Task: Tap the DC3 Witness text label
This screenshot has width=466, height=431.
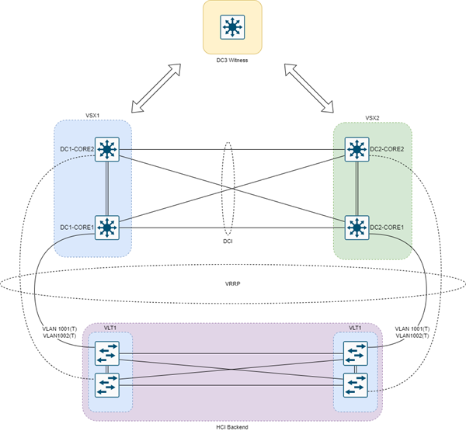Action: tap(232, 60)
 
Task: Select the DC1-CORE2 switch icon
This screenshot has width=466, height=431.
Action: tap(106, 149)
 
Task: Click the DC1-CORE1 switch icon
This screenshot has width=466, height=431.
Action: tap(106, 227)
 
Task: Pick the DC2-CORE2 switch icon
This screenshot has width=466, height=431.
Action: tap(356, 149)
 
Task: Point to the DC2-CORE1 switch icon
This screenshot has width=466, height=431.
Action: tap(356, 227)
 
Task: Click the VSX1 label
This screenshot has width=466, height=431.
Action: tap(93, 114)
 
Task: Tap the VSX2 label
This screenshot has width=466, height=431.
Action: tap(372, 118)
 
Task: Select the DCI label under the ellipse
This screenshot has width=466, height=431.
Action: tap(228, 242)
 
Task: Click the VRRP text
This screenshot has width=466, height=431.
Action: tap(232, 283)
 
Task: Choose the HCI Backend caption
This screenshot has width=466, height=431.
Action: tap(232, 426)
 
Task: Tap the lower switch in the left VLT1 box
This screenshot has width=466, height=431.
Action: tap(106, 384)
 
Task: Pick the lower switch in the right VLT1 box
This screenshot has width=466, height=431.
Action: tap(356, 384)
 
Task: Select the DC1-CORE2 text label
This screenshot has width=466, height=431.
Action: tap(77, 149)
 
